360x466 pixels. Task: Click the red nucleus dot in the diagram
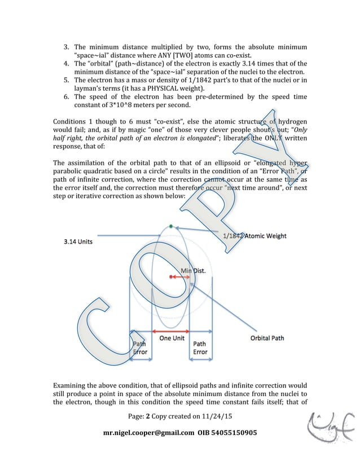[x=170, y=276]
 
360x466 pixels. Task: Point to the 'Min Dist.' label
[x=193, y=271]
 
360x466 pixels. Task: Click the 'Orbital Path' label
[x=267, y=338]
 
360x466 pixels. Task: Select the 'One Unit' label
[x=173, y=338]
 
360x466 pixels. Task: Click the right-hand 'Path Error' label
[x=200, y=348]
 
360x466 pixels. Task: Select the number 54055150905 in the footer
[x=232, y=433]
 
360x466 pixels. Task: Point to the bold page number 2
[x=148, y=416]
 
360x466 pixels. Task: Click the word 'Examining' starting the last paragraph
[x=72, y=384]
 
